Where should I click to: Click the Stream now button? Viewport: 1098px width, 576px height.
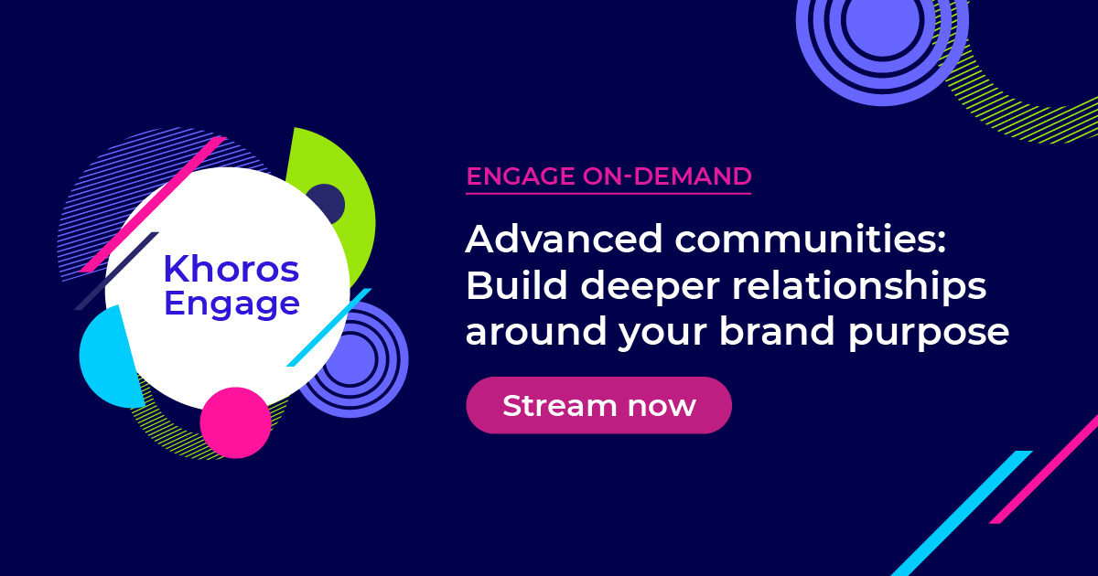pos(598,405)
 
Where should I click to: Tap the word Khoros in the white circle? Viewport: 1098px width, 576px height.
pos(231,269)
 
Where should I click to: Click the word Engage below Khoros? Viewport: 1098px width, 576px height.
pos(231,303)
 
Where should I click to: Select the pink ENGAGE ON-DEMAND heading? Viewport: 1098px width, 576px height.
pos(608,176)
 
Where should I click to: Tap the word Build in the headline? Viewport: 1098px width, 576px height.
pos(505,286)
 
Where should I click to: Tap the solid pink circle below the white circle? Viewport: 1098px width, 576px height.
pos(235,422)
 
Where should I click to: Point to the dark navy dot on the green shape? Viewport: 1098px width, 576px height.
pos(324,203)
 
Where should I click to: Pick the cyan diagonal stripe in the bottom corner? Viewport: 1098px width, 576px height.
pos(961,512)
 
